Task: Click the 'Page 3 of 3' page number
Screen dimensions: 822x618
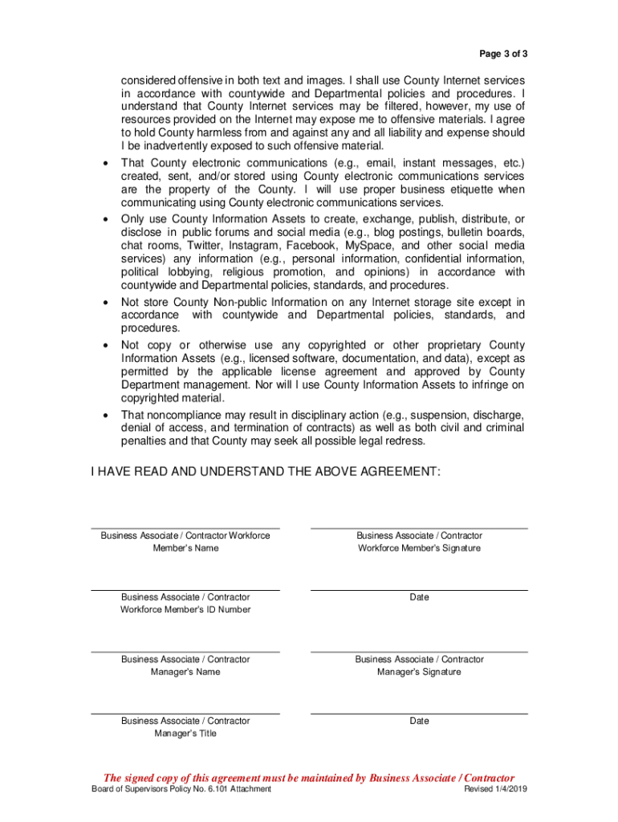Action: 503,54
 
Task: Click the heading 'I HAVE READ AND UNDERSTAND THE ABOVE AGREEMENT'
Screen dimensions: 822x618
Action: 265,472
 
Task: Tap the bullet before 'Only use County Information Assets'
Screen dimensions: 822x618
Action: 107,219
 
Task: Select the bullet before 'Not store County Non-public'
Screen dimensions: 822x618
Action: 107,303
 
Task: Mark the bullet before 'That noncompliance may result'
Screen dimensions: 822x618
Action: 107,416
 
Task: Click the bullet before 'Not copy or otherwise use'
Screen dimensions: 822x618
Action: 107,345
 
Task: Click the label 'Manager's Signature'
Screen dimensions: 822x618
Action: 419,672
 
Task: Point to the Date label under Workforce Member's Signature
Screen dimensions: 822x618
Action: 419,597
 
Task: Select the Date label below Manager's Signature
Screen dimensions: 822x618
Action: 419,721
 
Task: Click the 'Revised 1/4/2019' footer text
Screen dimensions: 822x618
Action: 495,790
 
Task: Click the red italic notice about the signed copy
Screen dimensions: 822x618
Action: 309,778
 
